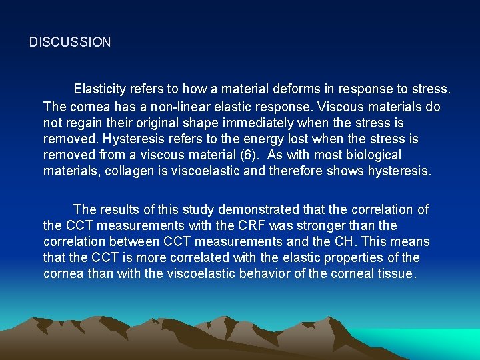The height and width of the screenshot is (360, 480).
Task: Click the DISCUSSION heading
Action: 70,42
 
